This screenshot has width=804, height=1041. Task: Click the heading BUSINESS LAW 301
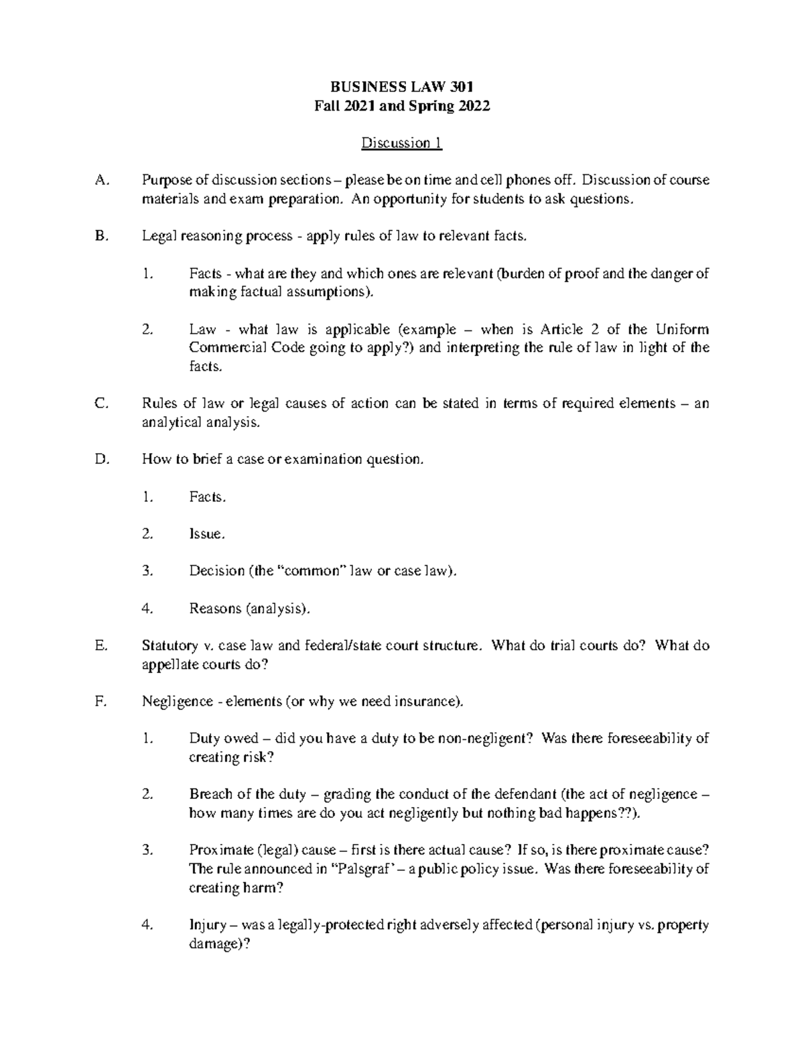(x=402, y=87)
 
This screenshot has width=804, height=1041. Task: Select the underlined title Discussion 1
(x=402, y=143)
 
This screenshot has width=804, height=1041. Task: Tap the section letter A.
(x=101, y=180)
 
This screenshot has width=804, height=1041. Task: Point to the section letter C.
(x=101, y=404)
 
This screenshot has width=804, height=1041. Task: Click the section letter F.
(x=100, y=702)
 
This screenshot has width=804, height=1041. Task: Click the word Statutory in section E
(x=170, y=646)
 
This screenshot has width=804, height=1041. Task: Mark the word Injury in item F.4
(x=207, y=926)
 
